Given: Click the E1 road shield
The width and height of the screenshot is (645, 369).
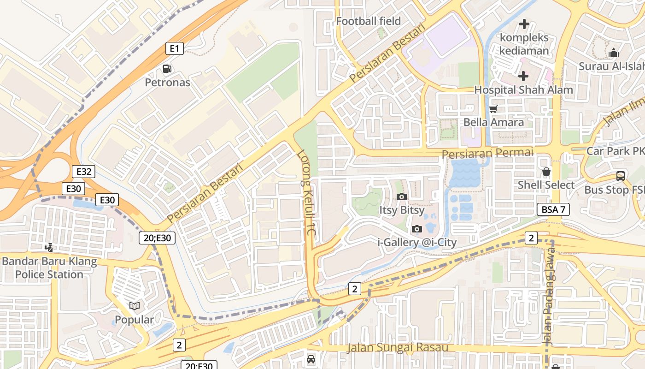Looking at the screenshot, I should click(175, 48).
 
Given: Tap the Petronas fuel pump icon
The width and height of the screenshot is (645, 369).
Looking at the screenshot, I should click(167, 69).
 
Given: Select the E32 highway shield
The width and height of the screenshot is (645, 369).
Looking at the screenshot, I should click(83, 172).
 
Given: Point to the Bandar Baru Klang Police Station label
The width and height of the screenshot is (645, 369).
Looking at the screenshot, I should click(49, 268).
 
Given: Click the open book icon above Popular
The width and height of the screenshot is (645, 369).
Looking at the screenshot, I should click(135, 306).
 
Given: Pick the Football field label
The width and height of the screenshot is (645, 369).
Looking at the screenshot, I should click(368, 21).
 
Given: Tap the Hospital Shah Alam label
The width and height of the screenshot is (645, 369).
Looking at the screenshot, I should click(523, 90).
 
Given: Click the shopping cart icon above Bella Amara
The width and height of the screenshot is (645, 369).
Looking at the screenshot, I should click(493, 109).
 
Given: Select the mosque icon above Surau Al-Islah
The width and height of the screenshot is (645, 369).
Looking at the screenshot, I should click(613, 53).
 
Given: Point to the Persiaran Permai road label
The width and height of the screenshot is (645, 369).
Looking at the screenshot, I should click(487, 153).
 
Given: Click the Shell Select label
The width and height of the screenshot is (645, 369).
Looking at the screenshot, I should click(546, 185).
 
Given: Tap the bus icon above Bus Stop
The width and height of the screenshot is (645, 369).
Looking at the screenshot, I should click(621, 176).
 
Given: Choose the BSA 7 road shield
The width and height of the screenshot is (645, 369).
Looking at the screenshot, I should click(553, 209).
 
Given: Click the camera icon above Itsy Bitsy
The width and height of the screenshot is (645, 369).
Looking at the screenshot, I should click(402, 197).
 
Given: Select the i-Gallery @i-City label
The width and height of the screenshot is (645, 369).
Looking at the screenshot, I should click(417, 242).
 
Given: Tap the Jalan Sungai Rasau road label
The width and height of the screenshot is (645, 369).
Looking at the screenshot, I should click(398, 347).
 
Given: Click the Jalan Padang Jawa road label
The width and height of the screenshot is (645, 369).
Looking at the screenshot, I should click(549, 295).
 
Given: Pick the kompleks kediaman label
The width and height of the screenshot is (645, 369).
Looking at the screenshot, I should click(524, 44).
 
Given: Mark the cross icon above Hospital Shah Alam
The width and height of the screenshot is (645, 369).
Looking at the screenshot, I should click(523, 76).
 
